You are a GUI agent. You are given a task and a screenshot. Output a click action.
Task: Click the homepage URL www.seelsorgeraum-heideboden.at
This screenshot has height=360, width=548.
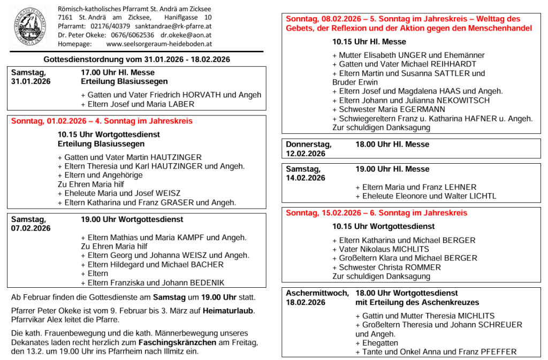(x=159, y=44)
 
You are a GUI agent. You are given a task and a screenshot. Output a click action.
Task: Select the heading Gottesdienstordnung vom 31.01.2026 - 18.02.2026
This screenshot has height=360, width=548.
(x=137, y=59)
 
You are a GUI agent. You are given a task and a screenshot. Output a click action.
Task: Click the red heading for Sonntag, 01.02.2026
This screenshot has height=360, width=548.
(x=102, y=121)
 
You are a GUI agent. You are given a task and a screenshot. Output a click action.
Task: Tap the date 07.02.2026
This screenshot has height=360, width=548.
(x=31, y=228)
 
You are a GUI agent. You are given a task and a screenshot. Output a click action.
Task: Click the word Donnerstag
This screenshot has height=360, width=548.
(x=309, y=144)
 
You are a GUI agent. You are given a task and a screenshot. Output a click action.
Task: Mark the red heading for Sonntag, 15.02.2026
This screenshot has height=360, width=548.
(x=376, y=213)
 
